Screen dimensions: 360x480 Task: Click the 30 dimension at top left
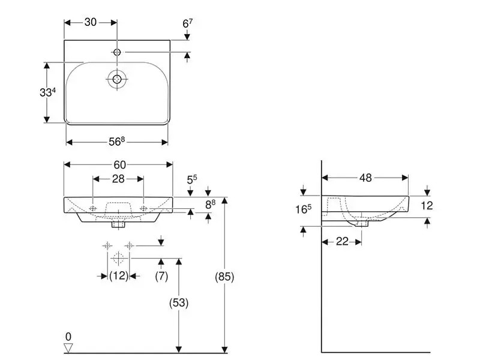[x=91, y=22]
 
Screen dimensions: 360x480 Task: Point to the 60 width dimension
[x=119, y=164]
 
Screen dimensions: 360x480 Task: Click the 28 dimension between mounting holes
[x=118, y=179]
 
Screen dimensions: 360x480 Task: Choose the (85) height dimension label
[x=224, y=277]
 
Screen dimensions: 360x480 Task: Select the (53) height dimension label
[x=178, y=303]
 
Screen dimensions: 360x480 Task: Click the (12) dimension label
[x=119, y=275]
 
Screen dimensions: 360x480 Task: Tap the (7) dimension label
[x=161, y=275]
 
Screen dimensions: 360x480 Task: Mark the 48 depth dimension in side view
[x=365, y=177]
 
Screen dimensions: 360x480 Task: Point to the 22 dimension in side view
[x=341, y=241]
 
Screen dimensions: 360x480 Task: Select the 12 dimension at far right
[x=427, y=205]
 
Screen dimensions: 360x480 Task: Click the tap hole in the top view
[x=117, y=53]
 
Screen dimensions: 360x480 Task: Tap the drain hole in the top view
[x=116, y=78]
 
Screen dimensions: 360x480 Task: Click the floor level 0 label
[x=68, y=336]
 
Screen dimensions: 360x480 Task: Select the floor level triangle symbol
[x=68, y=347]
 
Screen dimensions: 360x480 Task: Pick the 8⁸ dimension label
[x=209, y=205]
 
